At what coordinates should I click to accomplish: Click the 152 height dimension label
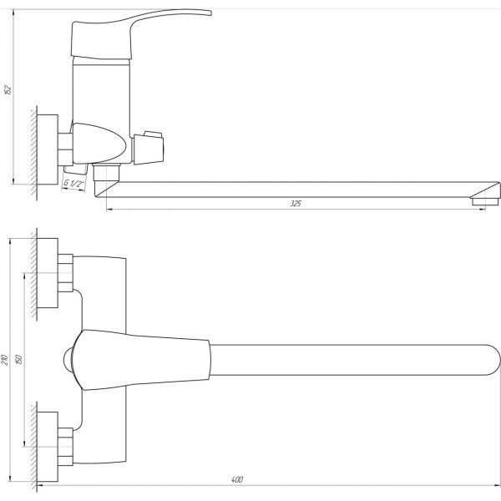tap(8, 89)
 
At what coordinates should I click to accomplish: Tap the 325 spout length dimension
tap(296, 204)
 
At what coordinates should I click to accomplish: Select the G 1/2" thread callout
tap(73, 184)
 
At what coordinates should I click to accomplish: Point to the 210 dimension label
tap(5, 360)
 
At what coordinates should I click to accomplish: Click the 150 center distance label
tap(19, 359)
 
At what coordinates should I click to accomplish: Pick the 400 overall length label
tap(237, 479)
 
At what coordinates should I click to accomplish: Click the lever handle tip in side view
tap(210, 13)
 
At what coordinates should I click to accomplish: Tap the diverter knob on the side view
tap(149, 148)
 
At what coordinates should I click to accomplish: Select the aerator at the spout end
tap(484, 201)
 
